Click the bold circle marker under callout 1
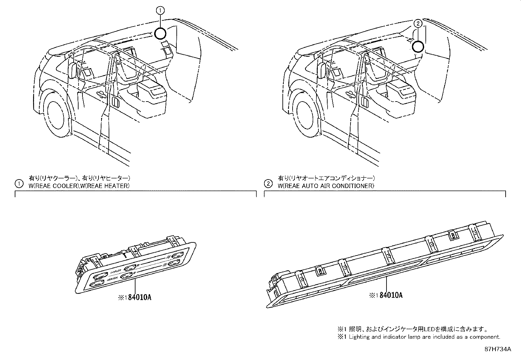click(160, 33)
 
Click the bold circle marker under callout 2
click(418, 47)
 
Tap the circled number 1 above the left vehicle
click(160, 11)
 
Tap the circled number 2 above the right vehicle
click(418, 23)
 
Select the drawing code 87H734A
click(497, 349)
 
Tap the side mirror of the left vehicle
click(73, 70)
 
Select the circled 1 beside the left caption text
click(19, 183)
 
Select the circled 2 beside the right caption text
click(268, 183)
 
